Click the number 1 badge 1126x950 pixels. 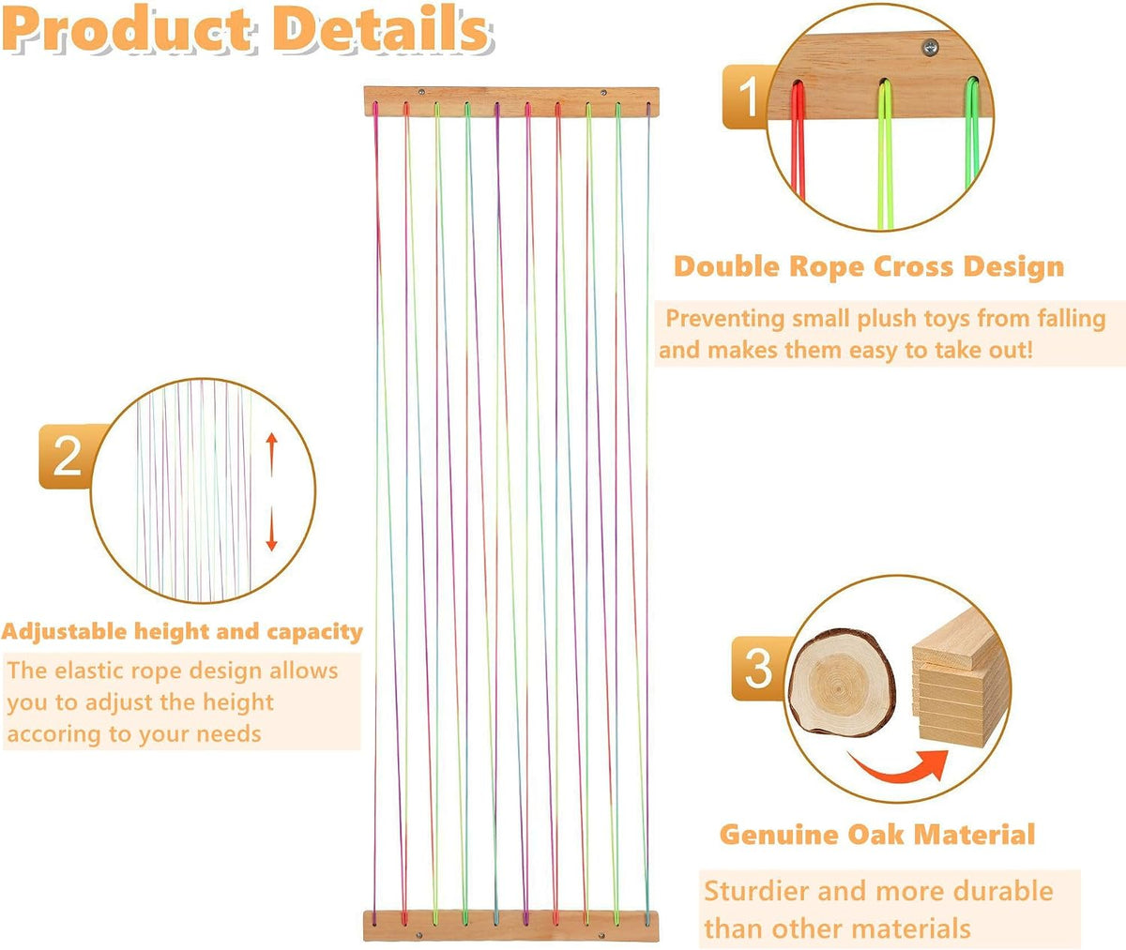point(747,97)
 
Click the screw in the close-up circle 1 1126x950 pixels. point(930,48)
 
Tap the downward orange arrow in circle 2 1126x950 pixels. point(272,529)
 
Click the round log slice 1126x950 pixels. point(842,683)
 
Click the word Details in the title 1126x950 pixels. point(381,28)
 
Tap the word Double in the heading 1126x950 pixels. point(726,266)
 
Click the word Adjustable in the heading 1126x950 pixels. point(65,632)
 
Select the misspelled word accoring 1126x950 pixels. point(53,734)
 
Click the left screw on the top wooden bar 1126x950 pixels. point(421,92)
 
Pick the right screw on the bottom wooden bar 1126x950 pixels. point(601,935)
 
